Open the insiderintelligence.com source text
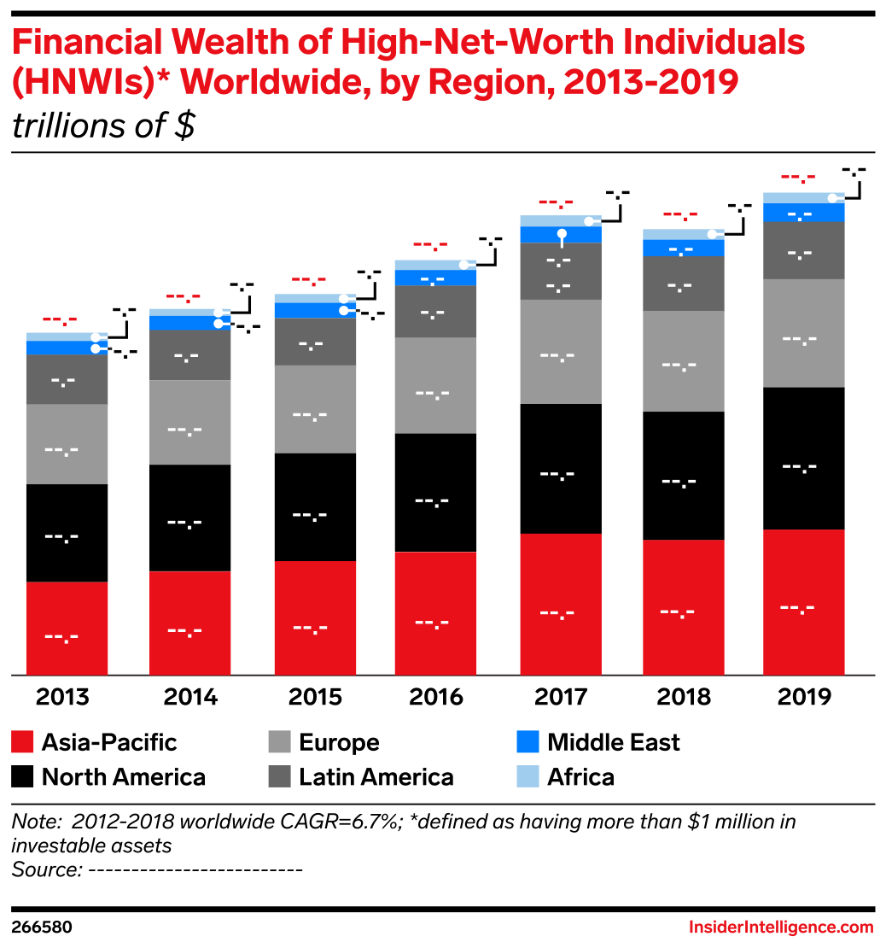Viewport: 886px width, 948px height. [x=780, y=928]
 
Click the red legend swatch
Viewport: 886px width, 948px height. [x=23, y=741]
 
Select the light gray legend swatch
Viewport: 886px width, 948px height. [x=279, y=741]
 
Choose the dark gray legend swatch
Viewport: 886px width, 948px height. [x=279, y=775]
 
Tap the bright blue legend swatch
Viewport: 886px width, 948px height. [x=528, y=741]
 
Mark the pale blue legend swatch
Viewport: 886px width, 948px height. [x=528, y=775]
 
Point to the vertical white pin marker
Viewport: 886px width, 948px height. [x=562, y=237]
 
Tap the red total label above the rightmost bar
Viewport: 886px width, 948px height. [x=798, y=178]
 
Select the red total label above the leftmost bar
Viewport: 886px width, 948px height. [x=60, y=320]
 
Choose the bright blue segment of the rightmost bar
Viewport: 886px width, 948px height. [x=803, y=213]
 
